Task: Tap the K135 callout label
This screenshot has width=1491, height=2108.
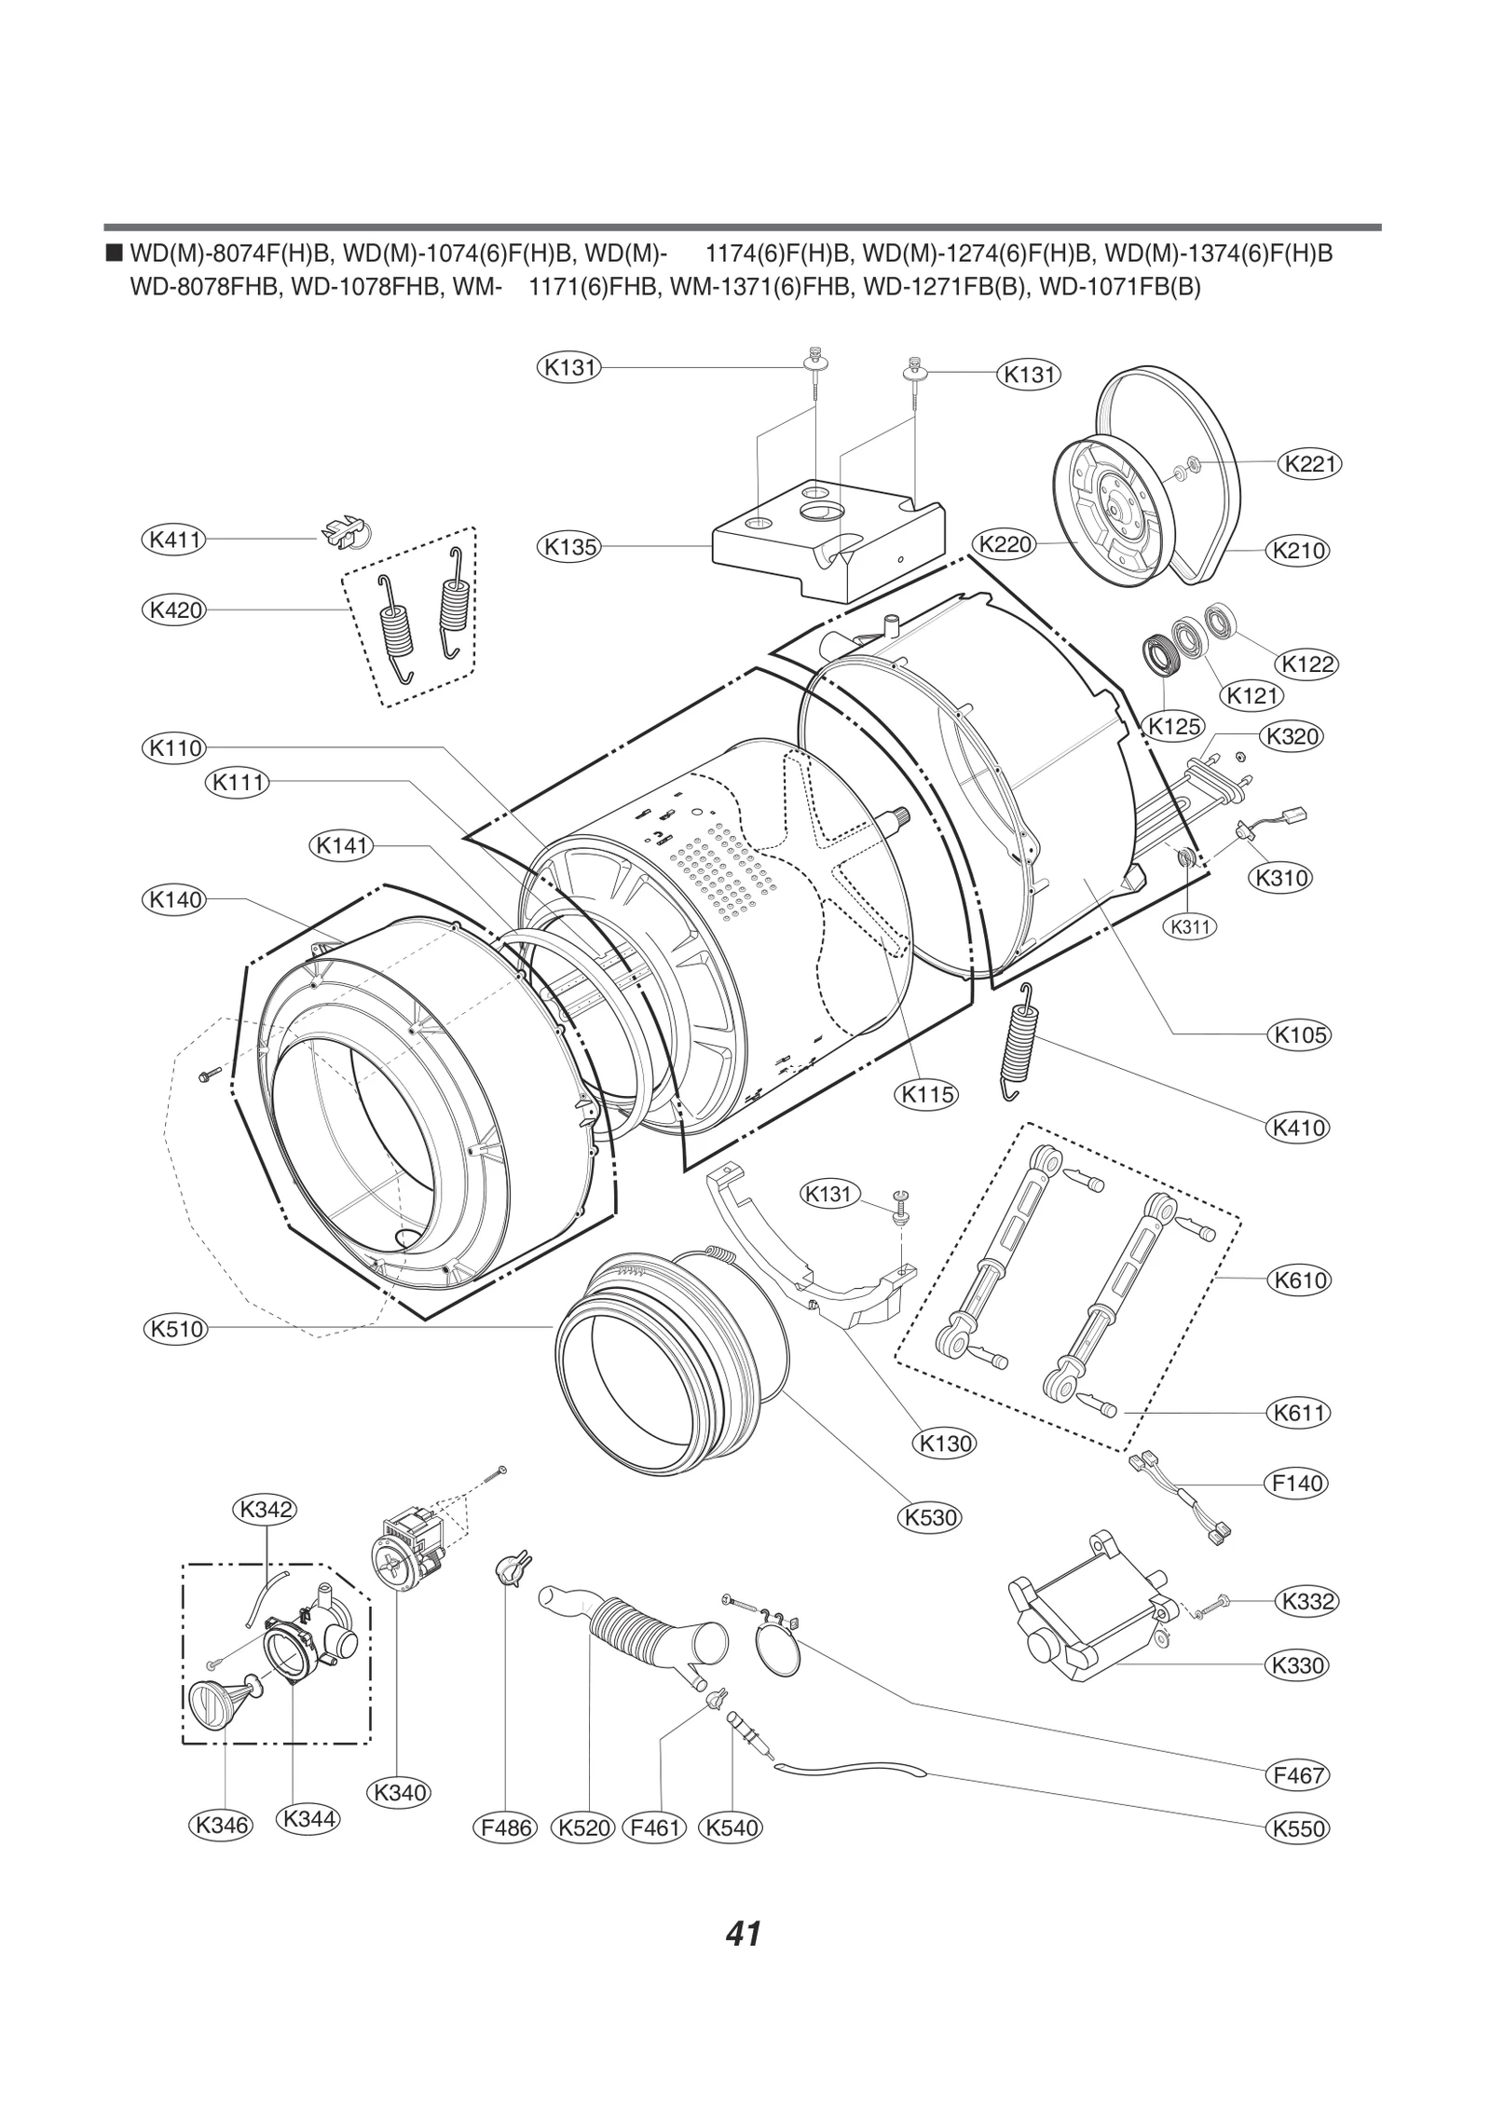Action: pos(569,547)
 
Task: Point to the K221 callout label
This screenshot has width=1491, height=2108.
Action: pos(1309,463)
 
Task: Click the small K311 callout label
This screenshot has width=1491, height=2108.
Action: pos(1190,926)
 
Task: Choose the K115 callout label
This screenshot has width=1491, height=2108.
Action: pos(927,1094)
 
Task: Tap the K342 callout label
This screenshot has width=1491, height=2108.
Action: pos(266,1509)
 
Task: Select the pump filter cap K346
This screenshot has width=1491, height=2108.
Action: pos(213,1707)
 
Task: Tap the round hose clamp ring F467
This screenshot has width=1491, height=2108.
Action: pos(781,1657)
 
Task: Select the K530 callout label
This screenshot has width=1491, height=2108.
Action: pos(931,1518)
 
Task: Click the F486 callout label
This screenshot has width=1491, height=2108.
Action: pos(505,1828)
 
